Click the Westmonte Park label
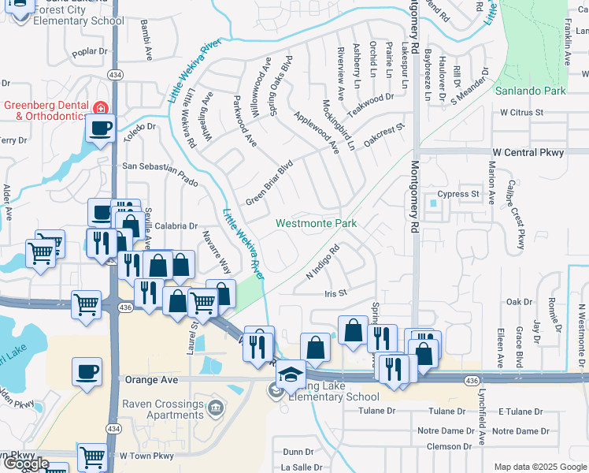pyautogui.click(x=316, y=224)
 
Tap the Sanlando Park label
pyautogui.click(x=531, y=91)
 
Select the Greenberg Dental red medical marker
pyautogui.click(x=100, y=108)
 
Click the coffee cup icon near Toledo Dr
pyautogui.click(x=101, y=128)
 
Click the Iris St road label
pyautogui.click(x=335, y=293)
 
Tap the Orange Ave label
pyautogui.click(x=147, y=379)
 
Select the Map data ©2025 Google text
pyautogui.click(x=540, y=467)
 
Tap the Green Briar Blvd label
pyautogui.click(x=269, y=181)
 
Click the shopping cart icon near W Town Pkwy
pyautogui.click(x=93, y=456)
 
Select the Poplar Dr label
pyautogui.click(x=88, y=51)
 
